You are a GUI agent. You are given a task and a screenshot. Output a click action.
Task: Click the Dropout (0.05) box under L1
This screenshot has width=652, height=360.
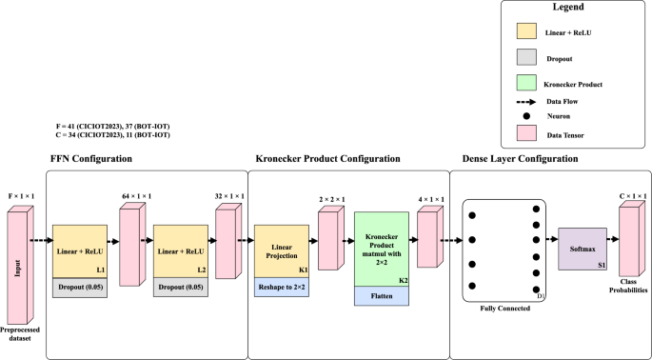pyautogui.click(x=81, y=285)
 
